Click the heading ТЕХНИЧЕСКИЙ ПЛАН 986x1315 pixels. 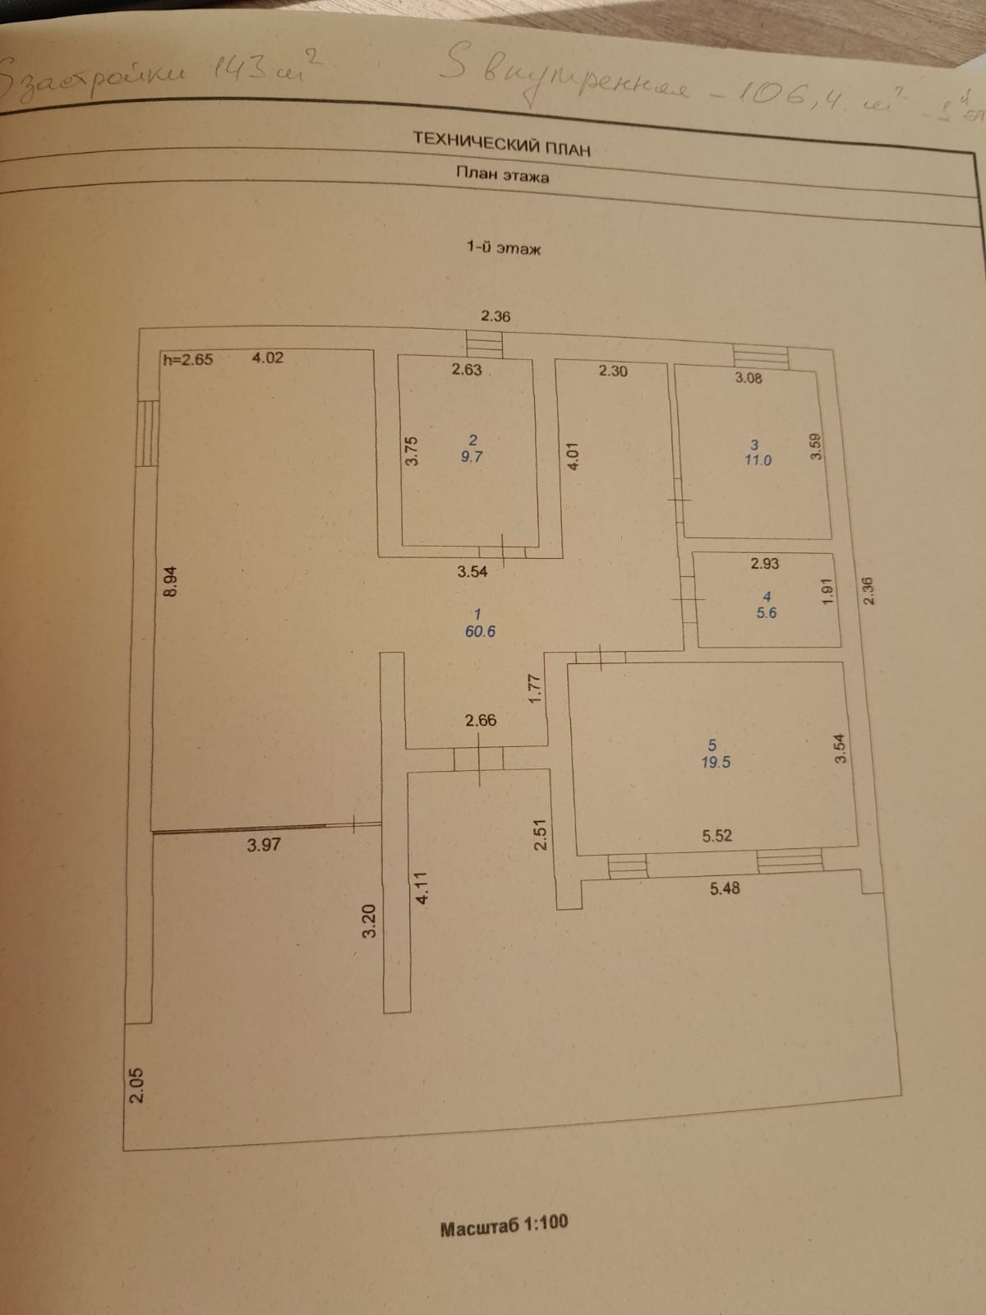pos(501,143)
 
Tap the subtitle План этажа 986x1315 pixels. pos(503,175)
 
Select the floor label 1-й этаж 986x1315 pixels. pos(504,247)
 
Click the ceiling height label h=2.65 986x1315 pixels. pos(188,358)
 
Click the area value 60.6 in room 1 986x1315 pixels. pos(480,631)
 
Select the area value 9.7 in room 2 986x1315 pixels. pos(472,457)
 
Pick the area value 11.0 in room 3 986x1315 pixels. pos(758,460)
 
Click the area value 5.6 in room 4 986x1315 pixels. pos(766,612)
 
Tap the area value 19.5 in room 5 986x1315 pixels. pos(715,762)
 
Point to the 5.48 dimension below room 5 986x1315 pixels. pos(724,888)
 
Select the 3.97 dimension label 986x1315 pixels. pos(264,844)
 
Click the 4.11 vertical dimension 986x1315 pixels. pos(422,888)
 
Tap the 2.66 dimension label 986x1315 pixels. pos(481,720)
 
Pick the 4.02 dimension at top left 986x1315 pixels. pos(267,358)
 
